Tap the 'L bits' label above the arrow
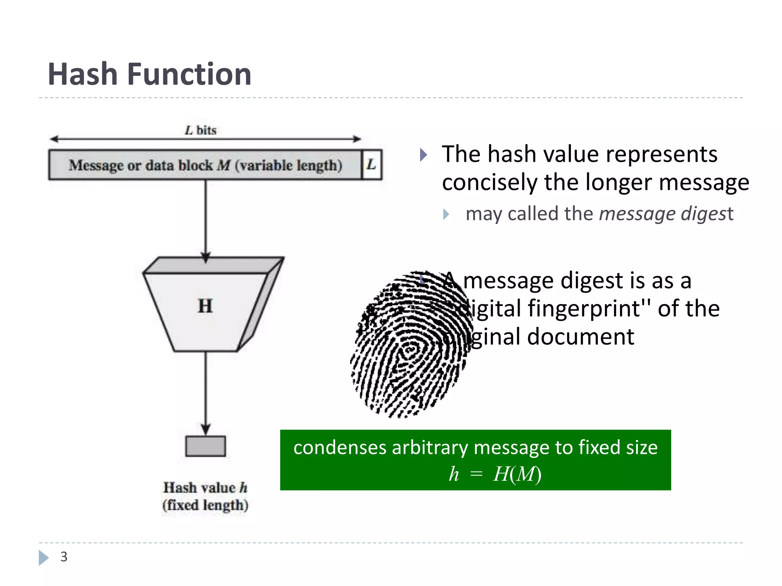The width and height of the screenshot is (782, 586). coord(200,130)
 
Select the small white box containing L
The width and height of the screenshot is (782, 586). coord(372,165)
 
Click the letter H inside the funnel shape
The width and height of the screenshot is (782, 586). coord(205,306)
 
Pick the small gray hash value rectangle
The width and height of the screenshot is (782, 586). coord(205,446)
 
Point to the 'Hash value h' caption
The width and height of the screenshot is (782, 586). coord(205,488)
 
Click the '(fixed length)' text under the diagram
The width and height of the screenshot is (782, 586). coord(205,505)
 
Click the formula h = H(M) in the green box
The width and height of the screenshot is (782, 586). coord(495,474)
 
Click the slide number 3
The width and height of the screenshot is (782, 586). coord(64,557)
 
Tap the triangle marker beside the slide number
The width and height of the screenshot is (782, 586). coord(44,557)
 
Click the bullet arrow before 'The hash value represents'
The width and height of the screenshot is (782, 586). coord(423,155)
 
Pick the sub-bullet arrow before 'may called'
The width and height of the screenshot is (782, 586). coord(446,214)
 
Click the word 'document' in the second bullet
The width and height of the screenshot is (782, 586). coord(580,336)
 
